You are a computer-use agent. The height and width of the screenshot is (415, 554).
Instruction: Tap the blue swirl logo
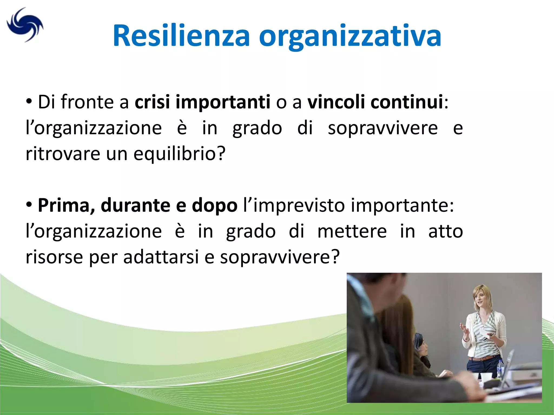pyautogui.click(x=25, y=25)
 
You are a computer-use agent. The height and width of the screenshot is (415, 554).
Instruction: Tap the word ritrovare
pyautogui.click(x=63, y=153)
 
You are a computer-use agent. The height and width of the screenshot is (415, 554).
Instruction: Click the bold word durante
pyautogui.click(x=135, y=206)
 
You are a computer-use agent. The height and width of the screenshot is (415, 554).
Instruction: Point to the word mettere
pyautogui.click(x=352, y=232)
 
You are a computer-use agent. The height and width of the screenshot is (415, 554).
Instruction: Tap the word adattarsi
pyautogui.click(x=161, y=257)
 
